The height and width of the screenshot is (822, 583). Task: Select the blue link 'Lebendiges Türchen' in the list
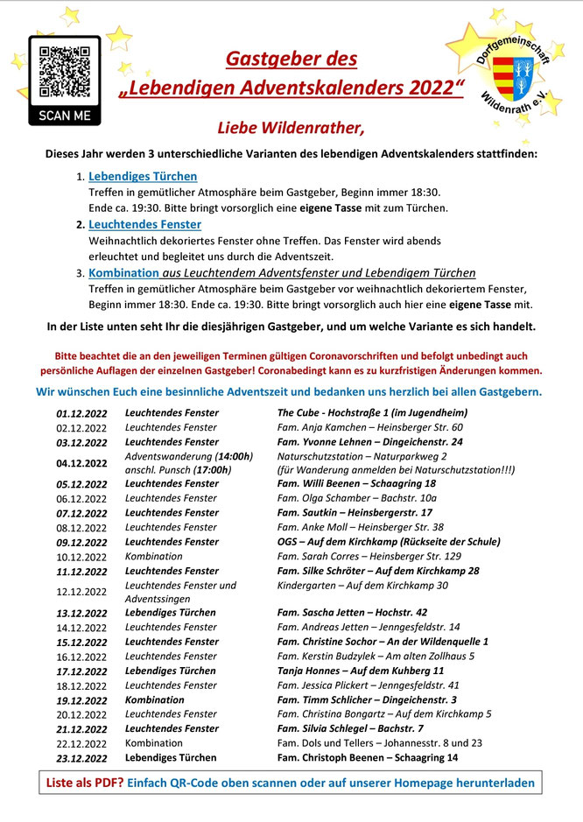[143, 176]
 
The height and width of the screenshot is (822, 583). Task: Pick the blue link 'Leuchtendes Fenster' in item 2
[144, 225]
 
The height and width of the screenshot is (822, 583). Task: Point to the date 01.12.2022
[81, 413]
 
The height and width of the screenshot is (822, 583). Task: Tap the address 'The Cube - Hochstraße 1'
[372, 412]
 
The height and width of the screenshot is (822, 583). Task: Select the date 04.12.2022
[81, 463]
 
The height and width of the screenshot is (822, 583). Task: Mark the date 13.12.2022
[81, 613]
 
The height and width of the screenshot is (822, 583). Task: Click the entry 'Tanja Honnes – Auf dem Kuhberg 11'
[361, 671]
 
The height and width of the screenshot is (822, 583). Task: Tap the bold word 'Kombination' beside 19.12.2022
[155, 699]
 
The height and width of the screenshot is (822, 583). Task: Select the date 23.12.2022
[81, 758]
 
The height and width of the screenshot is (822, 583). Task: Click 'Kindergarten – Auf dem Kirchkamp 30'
[362, 585]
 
